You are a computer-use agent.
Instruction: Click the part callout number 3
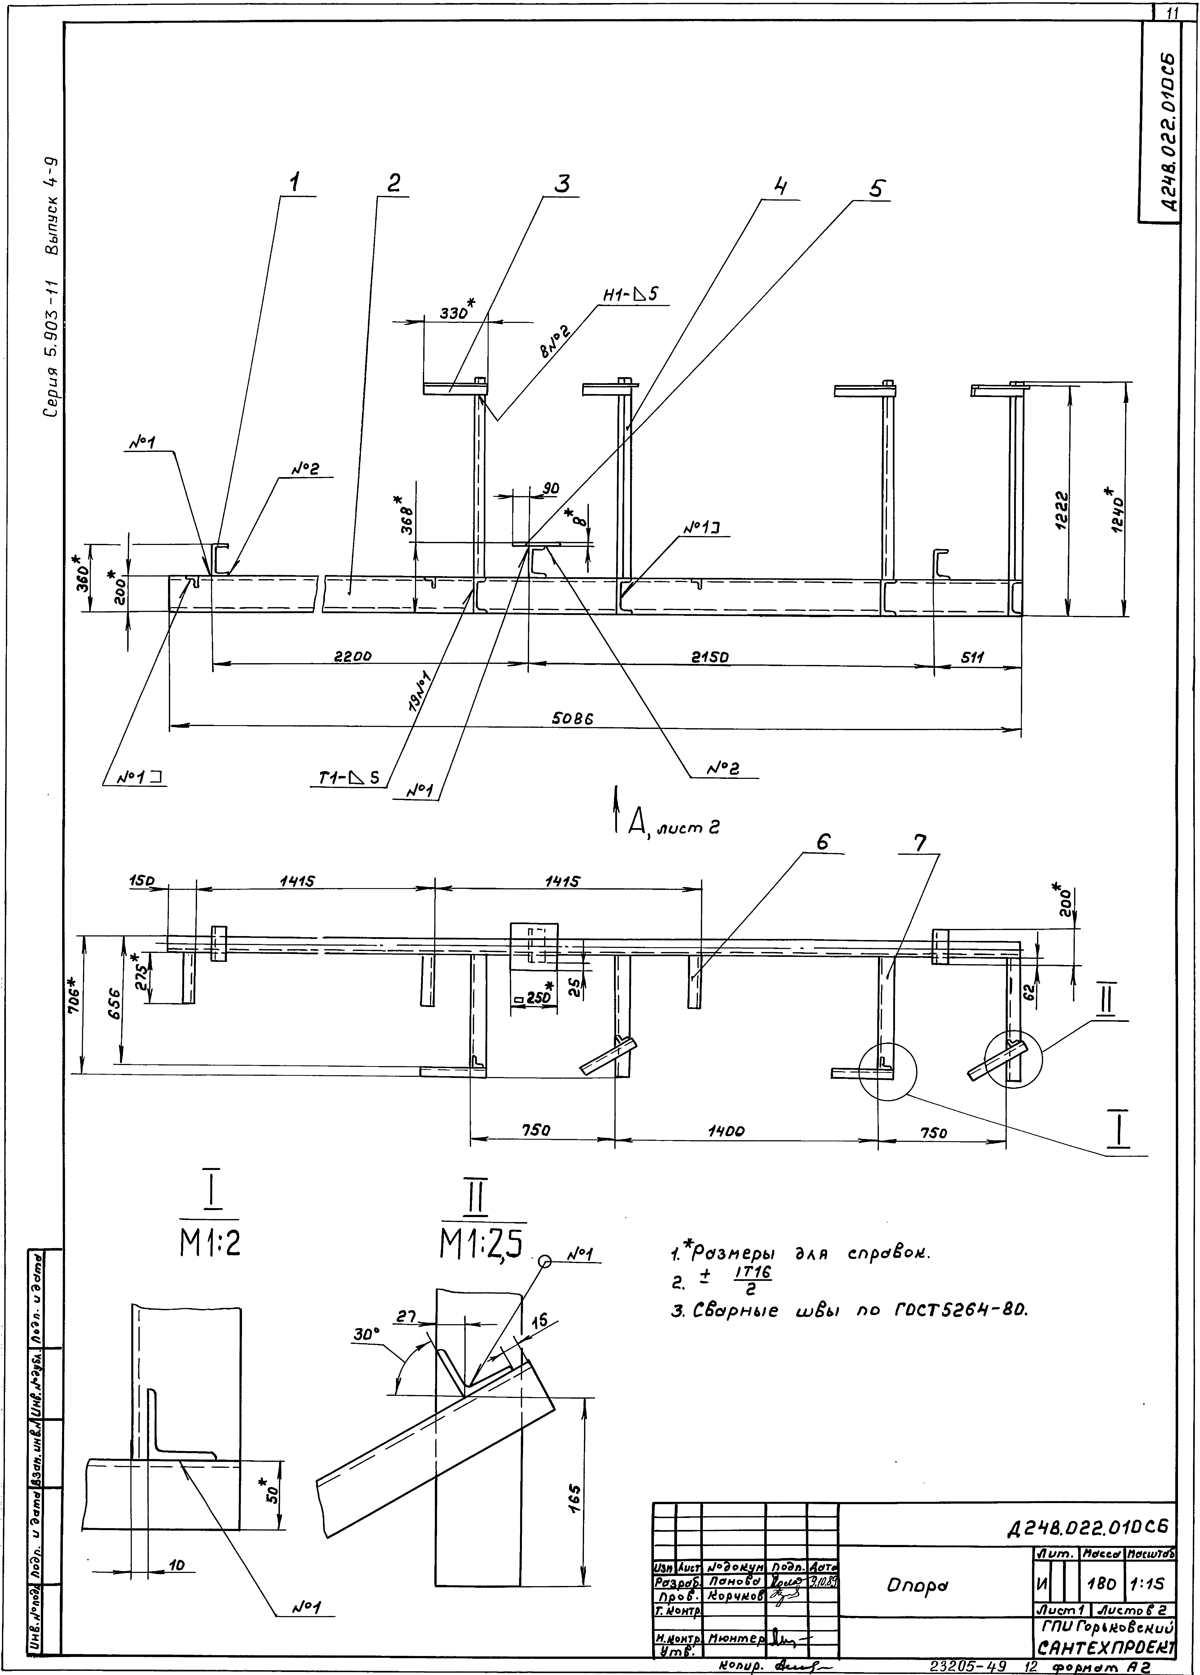tap(563, 183)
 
